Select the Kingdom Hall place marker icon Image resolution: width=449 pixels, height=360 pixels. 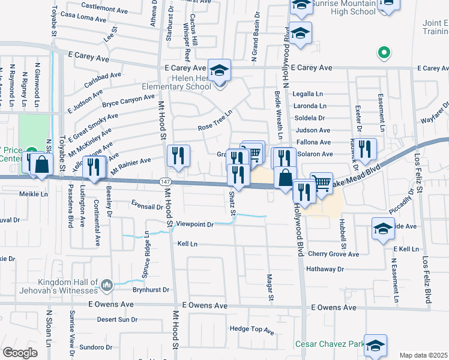107,284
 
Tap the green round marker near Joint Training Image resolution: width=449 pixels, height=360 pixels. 382,53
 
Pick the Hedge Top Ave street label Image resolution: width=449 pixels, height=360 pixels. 252,330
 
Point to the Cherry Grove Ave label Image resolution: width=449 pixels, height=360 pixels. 333,254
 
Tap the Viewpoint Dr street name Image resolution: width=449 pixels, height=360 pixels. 195,224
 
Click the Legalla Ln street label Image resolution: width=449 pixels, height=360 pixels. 309,94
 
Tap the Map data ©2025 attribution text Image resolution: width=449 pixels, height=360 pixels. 424,355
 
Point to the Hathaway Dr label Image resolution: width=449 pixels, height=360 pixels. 325,269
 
